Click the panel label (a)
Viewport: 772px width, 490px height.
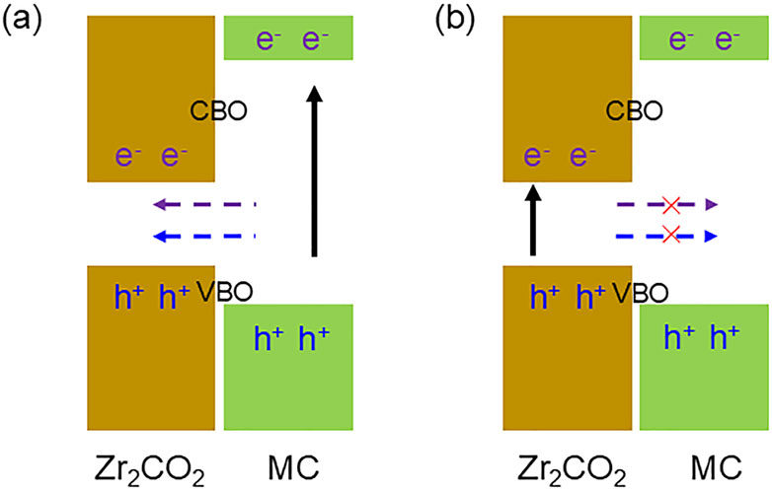point(21,19)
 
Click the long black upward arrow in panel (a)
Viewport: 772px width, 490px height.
point(313,173)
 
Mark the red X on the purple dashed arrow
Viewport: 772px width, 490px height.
point(671,205)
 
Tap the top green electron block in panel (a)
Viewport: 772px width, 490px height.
point(287,39)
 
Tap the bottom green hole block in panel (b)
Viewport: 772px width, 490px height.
point(703,367)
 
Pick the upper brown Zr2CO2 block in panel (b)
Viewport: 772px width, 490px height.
point(567,99)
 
